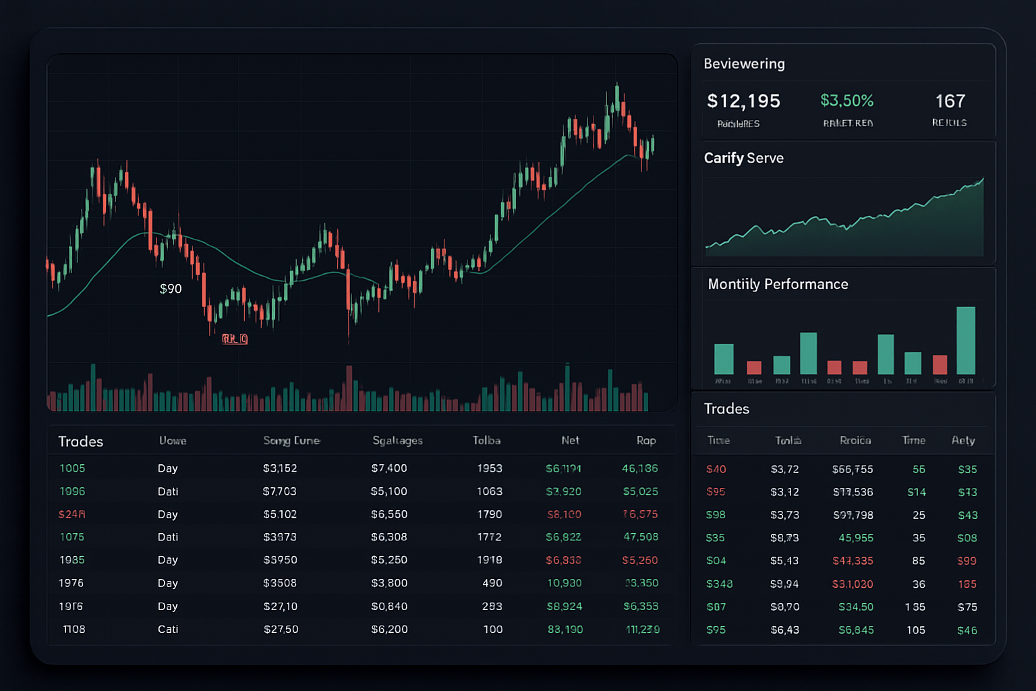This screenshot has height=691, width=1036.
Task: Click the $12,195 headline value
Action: (x=743, y=101)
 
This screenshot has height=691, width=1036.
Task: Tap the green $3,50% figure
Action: (x=846, y=101)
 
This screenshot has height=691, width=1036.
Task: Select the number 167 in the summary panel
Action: (x=950, y=101)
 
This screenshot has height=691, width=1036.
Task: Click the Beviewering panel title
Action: (x=744, y=63)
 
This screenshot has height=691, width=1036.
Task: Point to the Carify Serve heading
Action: (x=743, y=158)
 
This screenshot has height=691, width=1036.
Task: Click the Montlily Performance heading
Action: (x=778, y=284)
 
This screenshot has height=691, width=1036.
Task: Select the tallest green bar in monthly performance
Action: (x=965, y=340)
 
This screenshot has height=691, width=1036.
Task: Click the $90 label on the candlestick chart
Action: (x=171, y=289)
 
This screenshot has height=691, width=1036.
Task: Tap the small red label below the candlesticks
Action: (x=235, y=339)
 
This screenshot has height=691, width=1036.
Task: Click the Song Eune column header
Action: (x=291, y=441)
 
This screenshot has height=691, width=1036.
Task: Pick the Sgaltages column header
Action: (x=397, y=441)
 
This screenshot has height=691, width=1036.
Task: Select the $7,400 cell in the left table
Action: (x=389, y=468)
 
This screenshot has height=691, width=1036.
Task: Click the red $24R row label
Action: (x=71, y=514)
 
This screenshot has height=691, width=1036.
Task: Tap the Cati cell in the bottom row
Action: (x=168, y=629)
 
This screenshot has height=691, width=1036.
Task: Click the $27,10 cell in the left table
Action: (x=281, y=606)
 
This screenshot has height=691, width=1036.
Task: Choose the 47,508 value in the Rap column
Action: (x=640, y=537)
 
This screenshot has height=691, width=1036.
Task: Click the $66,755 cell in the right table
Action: (x=853, y=469)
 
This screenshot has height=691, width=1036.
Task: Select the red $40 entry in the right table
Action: (x=716, y=469)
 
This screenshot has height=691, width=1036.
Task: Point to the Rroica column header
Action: (x=855, y=441)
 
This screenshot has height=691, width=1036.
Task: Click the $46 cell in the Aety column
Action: (x=967, y=630)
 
